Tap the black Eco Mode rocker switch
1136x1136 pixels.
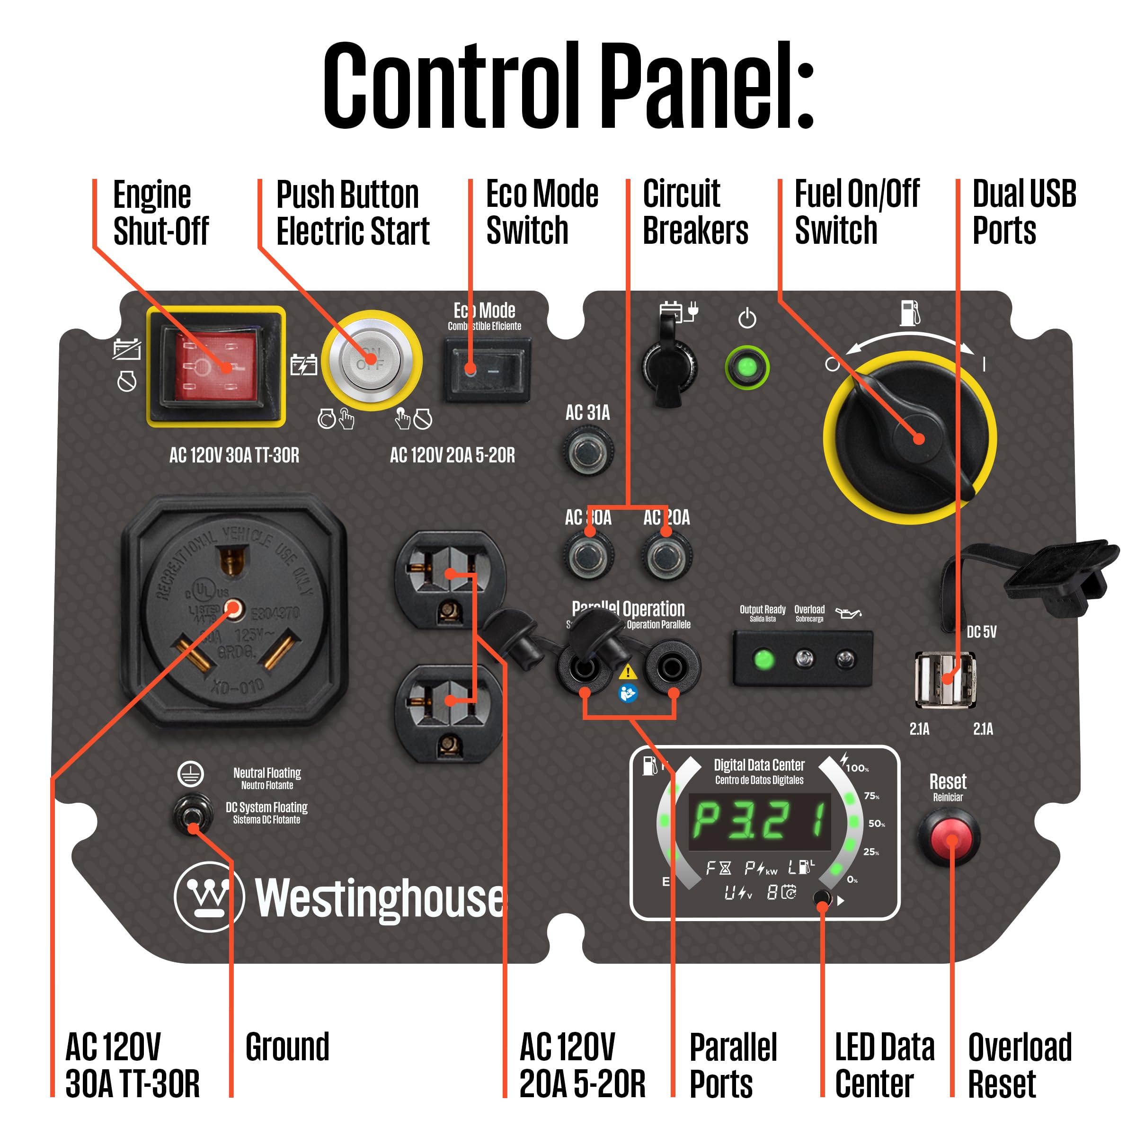pos(487,370)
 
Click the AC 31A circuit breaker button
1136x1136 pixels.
pos(587,452)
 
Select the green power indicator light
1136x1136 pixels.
pos(747,368)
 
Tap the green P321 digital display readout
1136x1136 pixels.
pos(760,821)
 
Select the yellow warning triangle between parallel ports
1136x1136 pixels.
pos(628,672)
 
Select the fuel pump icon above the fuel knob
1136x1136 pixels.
pos(910,313)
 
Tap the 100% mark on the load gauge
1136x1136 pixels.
pos(857,768)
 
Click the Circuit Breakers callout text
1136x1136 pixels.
pos(695,212)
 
